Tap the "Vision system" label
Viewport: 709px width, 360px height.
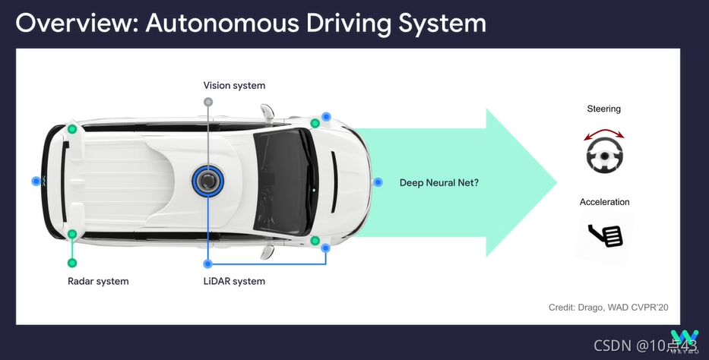click(x=234, y=86)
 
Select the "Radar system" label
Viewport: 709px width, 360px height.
click(x=98, y=281)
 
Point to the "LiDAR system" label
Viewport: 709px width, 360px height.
click(x=234, y=281)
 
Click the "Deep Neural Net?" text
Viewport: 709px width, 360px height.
click(x=439, y=182)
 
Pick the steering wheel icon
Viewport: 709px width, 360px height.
click(x=604, y=156)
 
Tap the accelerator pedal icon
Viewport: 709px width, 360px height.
click(x=606, y=235)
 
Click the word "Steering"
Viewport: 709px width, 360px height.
click(x=603, y=109)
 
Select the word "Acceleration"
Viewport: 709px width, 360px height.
click(x=604, y=202)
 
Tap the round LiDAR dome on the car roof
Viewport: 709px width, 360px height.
click(x=207, y=182)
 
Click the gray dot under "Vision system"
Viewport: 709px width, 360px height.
click(x=208, y=102)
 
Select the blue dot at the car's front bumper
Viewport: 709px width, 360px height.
click(x=378, y=182)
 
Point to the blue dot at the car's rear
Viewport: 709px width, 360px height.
click(x=36, y=182)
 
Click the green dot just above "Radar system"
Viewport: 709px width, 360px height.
click(x=72, y=263)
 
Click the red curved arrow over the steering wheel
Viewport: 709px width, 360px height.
click(x=604, y=134)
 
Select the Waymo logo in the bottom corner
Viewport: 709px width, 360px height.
click(x=684, y=339)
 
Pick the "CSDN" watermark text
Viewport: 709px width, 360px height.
click(x=612, y=346)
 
